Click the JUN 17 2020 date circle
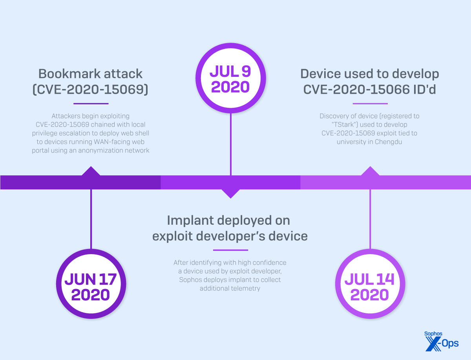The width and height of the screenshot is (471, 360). coord(91,287)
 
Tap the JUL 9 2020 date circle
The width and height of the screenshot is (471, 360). coord(230,80)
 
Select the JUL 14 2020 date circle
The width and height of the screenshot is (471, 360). coord(370,287)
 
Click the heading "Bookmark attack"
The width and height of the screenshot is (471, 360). coord(90,73)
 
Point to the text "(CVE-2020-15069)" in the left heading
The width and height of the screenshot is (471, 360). coord(90,89)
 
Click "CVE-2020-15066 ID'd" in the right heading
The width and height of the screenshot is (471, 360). coord(369,89)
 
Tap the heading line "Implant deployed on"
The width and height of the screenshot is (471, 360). coord(228,220)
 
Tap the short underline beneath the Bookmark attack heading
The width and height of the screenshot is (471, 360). coord(91,104)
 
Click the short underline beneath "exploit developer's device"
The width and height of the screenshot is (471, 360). coord(230,250)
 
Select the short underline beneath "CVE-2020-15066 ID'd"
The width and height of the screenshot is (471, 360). coord(370,104)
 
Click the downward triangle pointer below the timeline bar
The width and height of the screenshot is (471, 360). coord(230,193)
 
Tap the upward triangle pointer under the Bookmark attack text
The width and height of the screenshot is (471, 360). coord(91,171)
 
